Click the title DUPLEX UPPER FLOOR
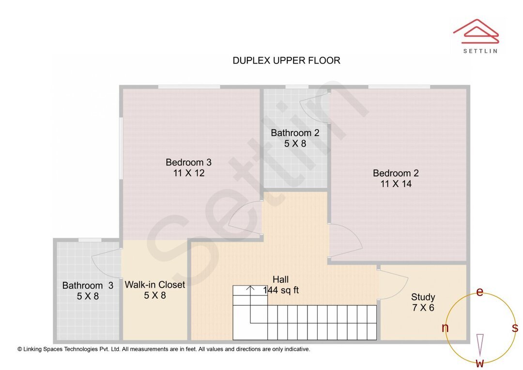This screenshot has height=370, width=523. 286,61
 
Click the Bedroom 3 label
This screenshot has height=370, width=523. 188,162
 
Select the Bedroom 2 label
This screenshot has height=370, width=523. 396,173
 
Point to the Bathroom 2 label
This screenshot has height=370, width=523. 295,133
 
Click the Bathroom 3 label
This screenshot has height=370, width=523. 88,285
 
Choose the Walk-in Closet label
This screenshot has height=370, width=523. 155,284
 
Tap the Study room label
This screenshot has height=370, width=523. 423,297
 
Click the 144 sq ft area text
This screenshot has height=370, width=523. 281,290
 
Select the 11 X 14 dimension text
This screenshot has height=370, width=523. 396,184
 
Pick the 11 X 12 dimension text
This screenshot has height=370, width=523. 188,173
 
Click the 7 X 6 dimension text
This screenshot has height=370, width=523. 423,308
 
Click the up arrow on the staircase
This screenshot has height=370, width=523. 250,289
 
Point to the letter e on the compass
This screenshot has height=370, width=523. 480,292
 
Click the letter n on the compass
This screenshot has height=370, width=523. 445,328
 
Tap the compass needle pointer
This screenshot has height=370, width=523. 480,344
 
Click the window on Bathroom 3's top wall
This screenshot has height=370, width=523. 90,240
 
